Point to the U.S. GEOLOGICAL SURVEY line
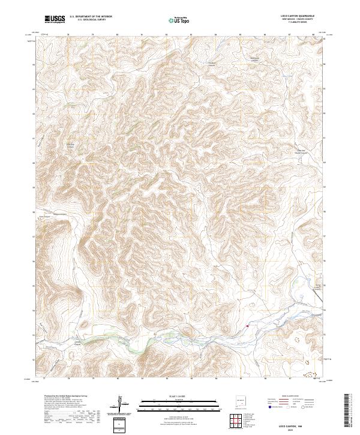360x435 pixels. click(91, 20)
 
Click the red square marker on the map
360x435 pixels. click(248, 326)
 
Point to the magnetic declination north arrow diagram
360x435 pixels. click(121, 404)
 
